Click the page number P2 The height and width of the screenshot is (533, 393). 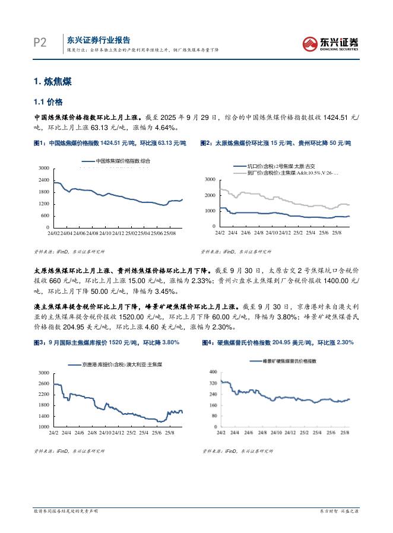tap(40, 42)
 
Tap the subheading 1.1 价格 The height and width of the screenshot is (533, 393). tap(47, 102)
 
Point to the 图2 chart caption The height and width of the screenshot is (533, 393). tap(275, 144)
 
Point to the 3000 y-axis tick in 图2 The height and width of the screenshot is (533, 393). tap(209, 179)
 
